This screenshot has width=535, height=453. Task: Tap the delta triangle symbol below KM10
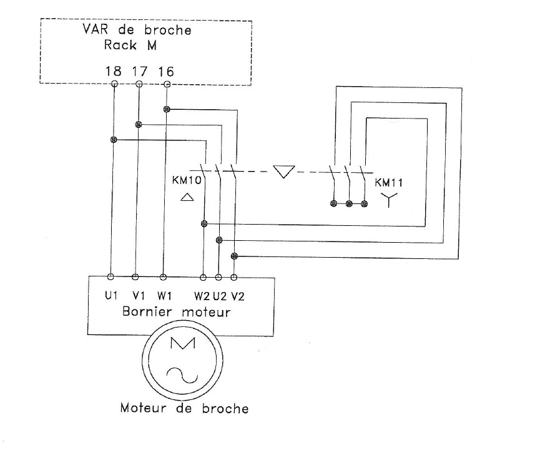[x=187, y=198]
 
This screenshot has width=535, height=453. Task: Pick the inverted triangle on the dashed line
[x=285, y=171]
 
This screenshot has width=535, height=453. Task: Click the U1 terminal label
[x=112, y=294]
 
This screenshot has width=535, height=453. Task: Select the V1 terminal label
[x=137, y=294]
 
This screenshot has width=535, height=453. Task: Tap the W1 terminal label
[x=163, y=294]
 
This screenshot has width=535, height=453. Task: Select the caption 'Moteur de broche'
[x=184, y=409]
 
